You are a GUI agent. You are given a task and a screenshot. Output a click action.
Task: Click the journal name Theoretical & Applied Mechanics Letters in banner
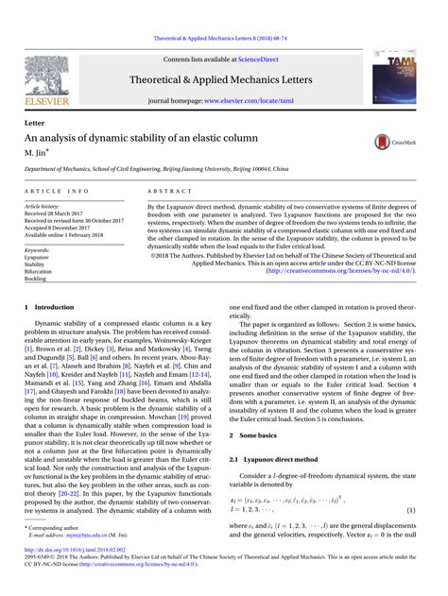(x=222, y=79)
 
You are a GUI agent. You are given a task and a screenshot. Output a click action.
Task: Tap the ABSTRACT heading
(x=166, y=191)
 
